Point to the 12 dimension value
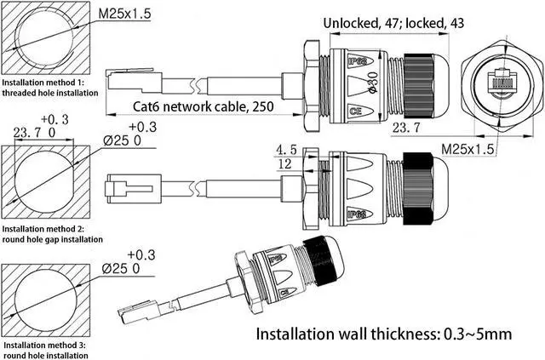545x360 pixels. coord(287,164)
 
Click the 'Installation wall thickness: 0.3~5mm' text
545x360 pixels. coord(385,333)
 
